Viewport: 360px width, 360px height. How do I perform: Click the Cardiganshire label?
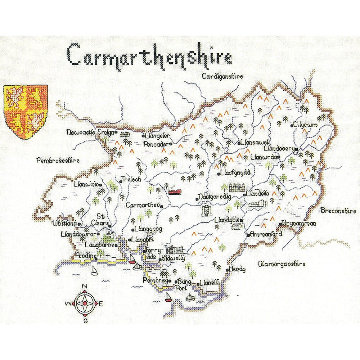coord(222,76)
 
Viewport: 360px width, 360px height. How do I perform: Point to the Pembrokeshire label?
coord(58,161)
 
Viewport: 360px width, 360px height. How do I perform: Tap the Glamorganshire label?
coord(282,264)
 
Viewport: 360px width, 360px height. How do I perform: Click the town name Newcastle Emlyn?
coord(90,132)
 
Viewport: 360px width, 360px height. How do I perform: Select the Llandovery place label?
coord(279,148)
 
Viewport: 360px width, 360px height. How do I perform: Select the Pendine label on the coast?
coord(85,256)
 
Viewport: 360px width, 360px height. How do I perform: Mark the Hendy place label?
coord(237,269)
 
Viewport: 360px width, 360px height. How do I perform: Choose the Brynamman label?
coord(299,224)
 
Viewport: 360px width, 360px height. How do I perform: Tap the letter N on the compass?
coord(85,287)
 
